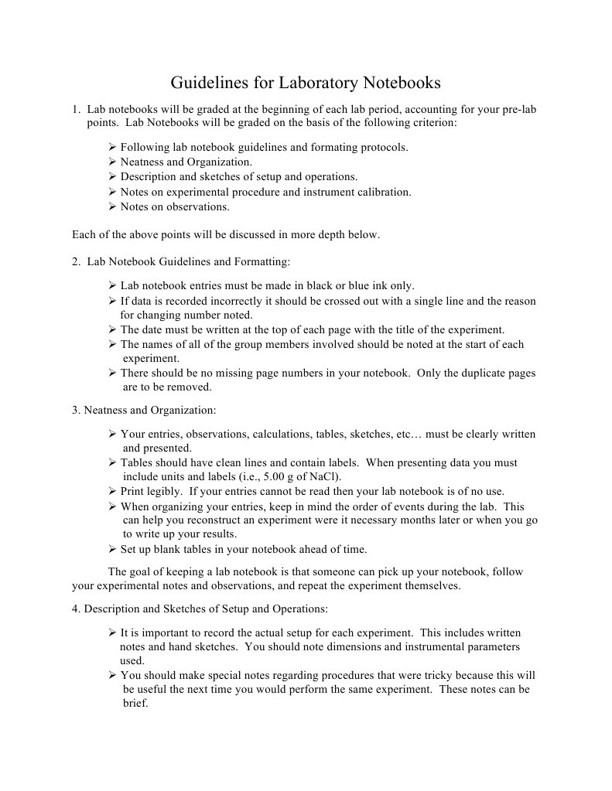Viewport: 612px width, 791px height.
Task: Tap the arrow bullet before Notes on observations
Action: pos(112,206)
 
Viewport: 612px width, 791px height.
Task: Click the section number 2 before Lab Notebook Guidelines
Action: pos(76,261)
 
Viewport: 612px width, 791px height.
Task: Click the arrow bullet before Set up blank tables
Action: pos(112,549)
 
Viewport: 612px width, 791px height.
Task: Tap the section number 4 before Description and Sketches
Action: pos(76,609)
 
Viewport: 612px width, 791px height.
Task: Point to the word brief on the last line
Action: pos(135,704)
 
